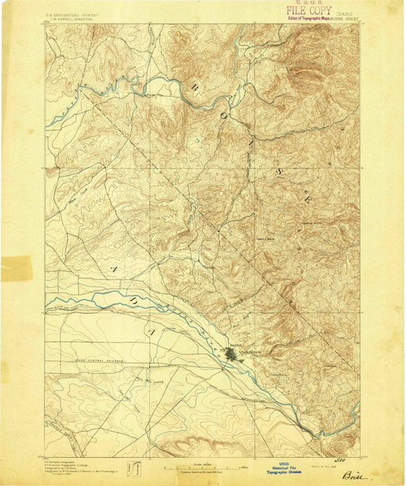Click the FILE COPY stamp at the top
coord(307,11)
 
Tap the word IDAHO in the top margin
coord(344,12)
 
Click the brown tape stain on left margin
coord(16,268)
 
